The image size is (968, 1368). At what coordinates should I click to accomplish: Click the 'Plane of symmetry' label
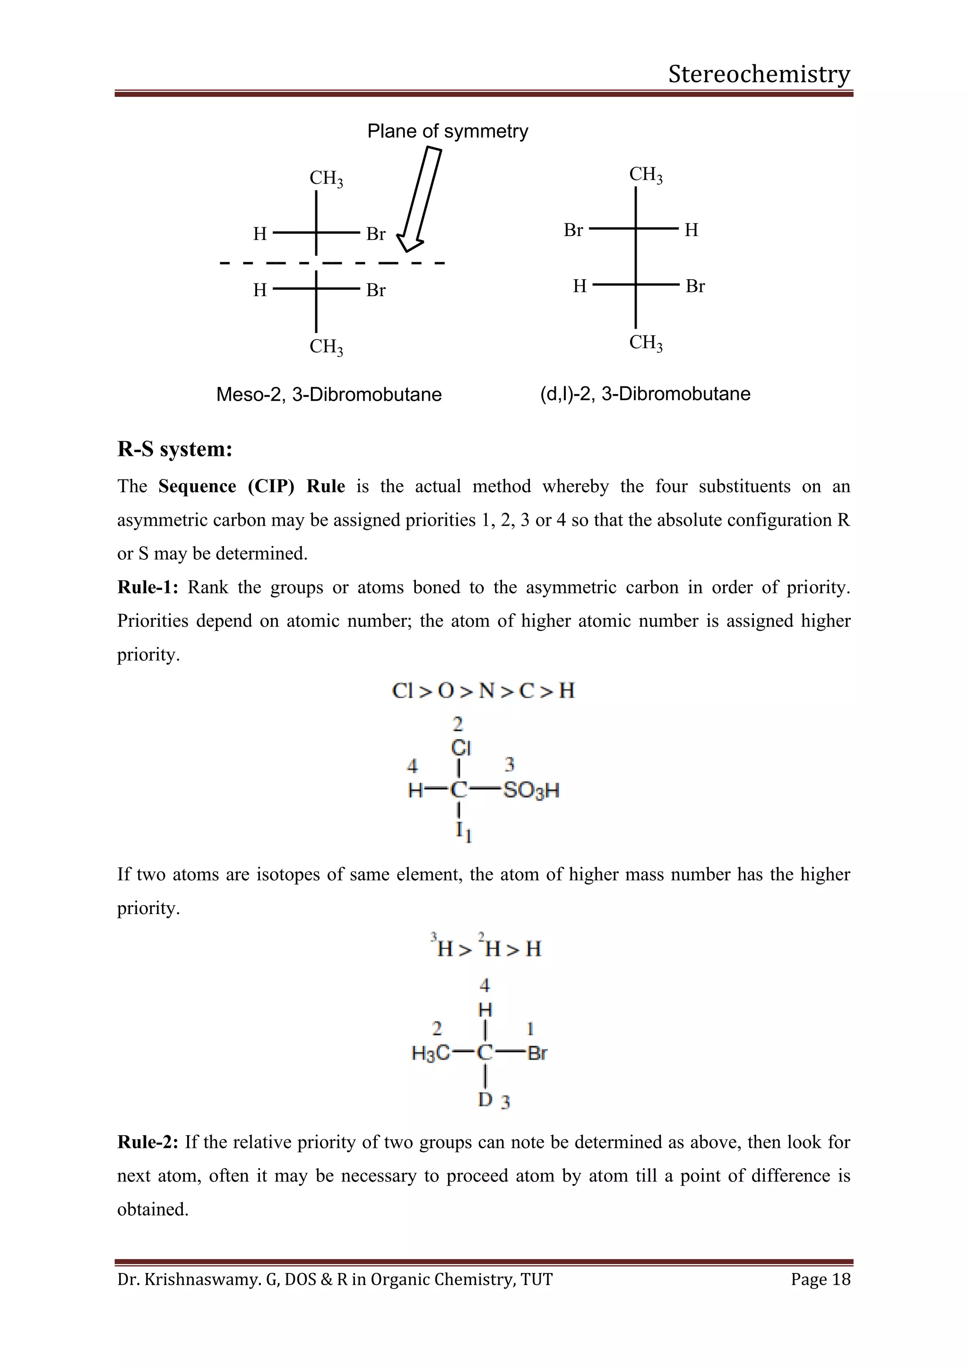pyautogui.click(x=447, y=131)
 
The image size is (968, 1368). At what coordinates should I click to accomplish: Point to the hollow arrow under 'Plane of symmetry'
pyautogui.click(x=420, y=200)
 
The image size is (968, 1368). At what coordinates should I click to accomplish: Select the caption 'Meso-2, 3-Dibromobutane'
pyautogui.click(x=328, y=394)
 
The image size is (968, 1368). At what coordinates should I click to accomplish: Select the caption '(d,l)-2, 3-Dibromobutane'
pyautogui.click(x=645, y=394)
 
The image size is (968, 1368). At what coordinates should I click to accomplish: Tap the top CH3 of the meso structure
pyautogui.click(x=326, y=178)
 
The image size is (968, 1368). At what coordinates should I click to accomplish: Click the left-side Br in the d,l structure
pyautogui.click(x=573, y=230)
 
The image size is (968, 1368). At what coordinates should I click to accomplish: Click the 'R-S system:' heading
pyautogui.click(x=174, y=449)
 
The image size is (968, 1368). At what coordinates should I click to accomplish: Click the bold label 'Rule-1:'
pyautogui.click(x=147, y=588)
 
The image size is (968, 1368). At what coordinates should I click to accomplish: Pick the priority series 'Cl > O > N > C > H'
pyautogui.click(x=483, y=691)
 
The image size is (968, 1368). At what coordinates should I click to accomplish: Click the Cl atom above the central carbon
pyautogui.click(x=461, y=747)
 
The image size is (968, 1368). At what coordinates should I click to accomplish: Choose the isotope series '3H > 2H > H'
pyautogui.click(x=485, y=948)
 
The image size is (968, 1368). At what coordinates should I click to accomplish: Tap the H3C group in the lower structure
pyautogui.click(x=431, y=1053)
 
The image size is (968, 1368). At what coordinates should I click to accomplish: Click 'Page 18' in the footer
pyautogui.click(x=820, y=1279)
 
